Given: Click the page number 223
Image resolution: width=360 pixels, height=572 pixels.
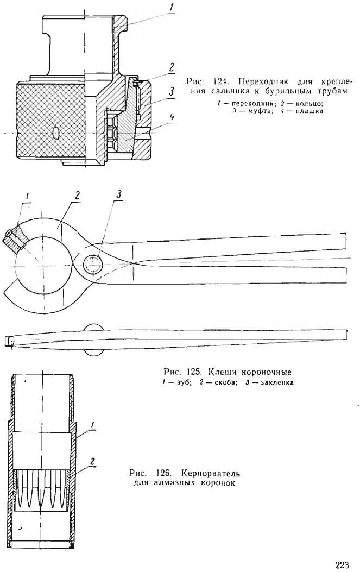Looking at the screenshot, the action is coord(342,565).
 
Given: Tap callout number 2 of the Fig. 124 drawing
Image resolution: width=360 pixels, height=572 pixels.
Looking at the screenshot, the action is coord(172,67).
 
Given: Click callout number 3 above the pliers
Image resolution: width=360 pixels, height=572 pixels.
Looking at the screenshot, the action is coord(119,194).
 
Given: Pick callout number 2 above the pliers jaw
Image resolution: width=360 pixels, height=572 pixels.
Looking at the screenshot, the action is coord(77,195).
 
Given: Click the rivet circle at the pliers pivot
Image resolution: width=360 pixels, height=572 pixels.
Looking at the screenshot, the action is coord(93,263).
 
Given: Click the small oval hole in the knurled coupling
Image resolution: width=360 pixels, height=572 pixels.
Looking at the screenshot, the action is coord(55,133).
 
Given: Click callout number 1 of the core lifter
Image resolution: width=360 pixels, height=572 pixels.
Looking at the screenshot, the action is coord(93,424).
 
